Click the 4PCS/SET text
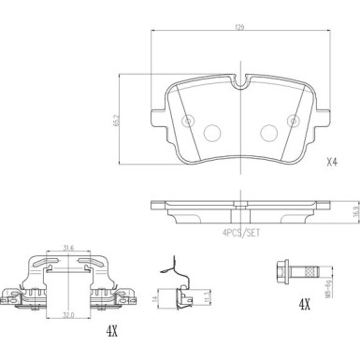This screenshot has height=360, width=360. pos(241,232)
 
